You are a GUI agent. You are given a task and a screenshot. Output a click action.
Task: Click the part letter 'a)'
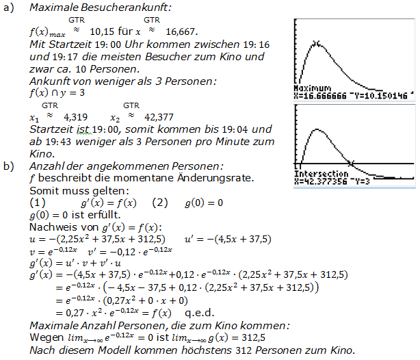[x=10, y=8]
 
